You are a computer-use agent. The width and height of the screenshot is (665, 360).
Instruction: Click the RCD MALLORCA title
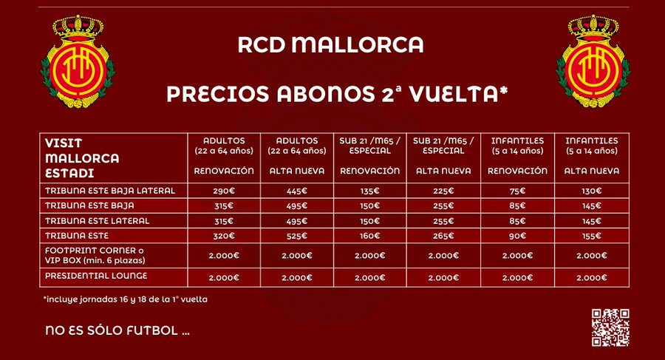[330, 44]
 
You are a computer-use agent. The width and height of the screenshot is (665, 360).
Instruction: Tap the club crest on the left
[78, 61]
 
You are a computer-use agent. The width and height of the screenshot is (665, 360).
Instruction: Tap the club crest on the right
[593, 61]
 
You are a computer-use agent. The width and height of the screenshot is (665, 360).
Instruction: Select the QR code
[610, 327]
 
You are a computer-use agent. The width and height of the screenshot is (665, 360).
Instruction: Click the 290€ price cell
[224, 191]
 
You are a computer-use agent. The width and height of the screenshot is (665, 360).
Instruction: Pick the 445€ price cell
[297, 191]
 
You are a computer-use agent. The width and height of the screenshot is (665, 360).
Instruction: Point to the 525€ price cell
[297, 236]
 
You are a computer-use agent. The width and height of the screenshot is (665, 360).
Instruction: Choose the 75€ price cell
[517, 191]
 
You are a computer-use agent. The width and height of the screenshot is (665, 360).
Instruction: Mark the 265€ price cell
[443, 236]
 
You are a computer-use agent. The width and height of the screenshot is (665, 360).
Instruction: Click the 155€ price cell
[592, 236]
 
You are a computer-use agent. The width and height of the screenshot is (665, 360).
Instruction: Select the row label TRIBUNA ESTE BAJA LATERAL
[110, 191]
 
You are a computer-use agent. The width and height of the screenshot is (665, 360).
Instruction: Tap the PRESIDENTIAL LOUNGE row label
[96, 276]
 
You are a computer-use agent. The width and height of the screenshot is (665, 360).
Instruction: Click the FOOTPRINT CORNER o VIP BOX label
[95, 255]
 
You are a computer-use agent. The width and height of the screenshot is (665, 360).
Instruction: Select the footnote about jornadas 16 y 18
[126, 299]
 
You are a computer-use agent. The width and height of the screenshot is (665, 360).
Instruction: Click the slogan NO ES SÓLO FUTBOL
[117, 330]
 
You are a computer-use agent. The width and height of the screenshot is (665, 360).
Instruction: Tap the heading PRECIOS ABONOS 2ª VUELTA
[337, 94]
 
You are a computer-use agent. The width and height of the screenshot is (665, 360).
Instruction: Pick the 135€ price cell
[370, 191]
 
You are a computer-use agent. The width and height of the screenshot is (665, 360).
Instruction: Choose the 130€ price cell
[592, 191]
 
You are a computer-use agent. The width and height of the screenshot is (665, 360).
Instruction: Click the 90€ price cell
[517, 236]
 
